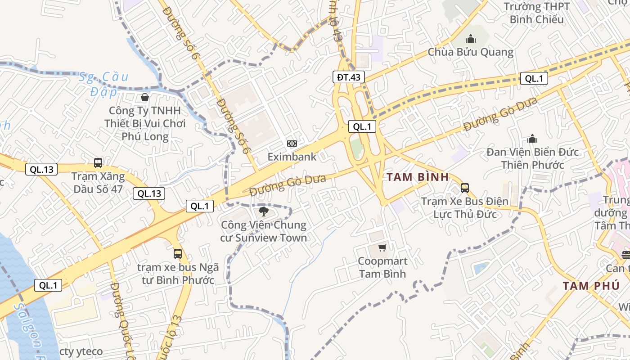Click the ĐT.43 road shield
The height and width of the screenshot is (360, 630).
click(x=349, y=77)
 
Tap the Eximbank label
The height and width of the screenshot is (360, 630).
click(x=292, y=157)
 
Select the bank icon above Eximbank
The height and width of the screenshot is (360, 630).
click(x=292, y=144)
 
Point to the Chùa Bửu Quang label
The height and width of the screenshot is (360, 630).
click(x=470, y=52)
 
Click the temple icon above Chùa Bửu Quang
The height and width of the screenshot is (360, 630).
click(x=471, y=39)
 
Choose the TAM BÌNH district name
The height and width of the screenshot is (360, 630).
click(x=418, y=177)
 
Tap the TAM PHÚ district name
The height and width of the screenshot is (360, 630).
click(x=591, y=286)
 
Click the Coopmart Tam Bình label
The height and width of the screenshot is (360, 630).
click(x=382, y=267)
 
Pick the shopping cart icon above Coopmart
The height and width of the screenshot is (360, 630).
click(x=382, y=247)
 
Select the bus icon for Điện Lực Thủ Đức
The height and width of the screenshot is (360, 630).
click(x=465, y=188)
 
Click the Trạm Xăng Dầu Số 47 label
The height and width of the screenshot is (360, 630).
click(x=98, y=182)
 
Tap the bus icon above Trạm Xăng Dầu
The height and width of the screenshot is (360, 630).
click(x=98, y=162)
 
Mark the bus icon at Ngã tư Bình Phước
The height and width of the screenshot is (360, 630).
click(x=178, y=253)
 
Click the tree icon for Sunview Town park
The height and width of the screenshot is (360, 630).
click(x=264, y=211)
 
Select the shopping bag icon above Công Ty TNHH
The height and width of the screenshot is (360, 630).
click(x=145, y=97)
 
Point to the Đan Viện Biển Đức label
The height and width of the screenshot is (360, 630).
click(x=533, y=158)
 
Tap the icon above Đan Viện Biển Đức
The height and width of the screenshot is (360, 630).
click(x=533, y=138)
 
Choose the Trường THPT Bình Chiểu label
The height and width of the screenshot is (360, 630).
click(x=536, y=13)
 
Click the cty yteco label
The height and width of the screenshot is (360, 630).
click(x=81, y=351)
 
